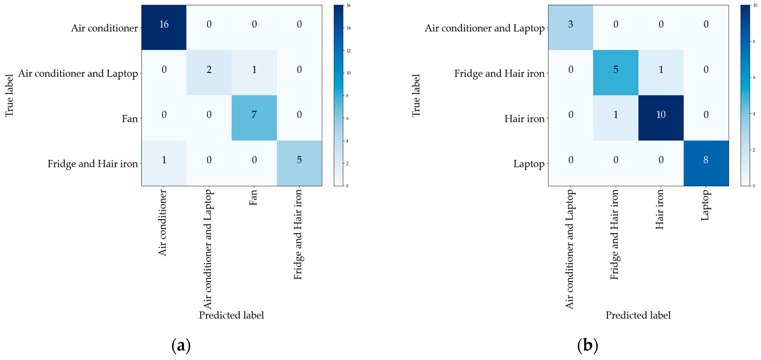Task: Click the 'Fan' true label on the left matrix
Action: [130, 119]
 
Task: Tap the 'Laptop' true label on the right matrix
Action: [529, 164]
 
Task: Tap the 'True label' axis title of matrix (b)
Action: [416, 96]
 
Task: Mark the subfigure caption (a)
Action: [181, 345]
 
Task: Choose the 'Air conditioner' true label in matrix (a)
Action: [104, 28]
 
